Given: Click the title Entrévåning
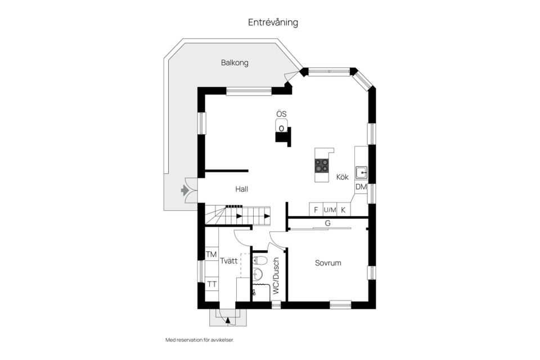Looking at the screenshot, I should [x=273, y=22].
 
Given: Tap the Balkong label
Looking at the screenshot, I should [x=235, y=63].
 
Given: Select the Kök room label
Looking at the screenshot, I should [x=343, y=177].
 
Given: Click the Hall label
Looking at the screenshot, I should [x=242, y=190].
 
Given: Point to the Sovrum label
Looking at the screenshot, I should [x=328, y=263].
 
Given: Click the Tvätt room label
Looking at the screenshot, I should [x=228, y=261].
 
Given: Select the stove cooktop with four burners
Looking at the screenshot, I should [x=322, y=165].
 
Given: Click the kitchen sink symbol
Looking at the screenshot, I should [x=361, y=172].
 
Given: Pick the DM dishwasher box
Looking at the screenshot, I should [x=361, y=187].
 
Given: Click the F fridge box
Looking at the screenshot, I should [x=316, y=210].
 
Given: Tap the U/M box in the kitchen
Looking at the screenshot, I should [x=330, y=210].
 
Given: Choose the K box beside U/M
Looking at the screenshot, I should [x=343, y=210].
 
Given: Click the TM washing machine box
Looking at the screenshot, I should [x=211, y=255].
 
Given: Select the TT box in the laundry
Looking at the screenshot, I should [x=211, y=284].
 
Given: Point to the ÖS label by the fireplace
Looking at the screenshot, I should [x=281, y=114].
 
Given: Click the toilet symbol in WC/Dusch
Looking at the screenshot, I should [x=259, y=260].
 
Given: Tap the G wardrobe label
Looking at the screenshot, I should [x=327, y=223].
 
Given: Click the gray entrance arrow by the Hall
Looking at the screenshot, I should [x=184, y=191].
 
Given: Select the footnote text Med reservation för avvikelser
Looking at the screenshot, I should [x=199, y=340].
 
